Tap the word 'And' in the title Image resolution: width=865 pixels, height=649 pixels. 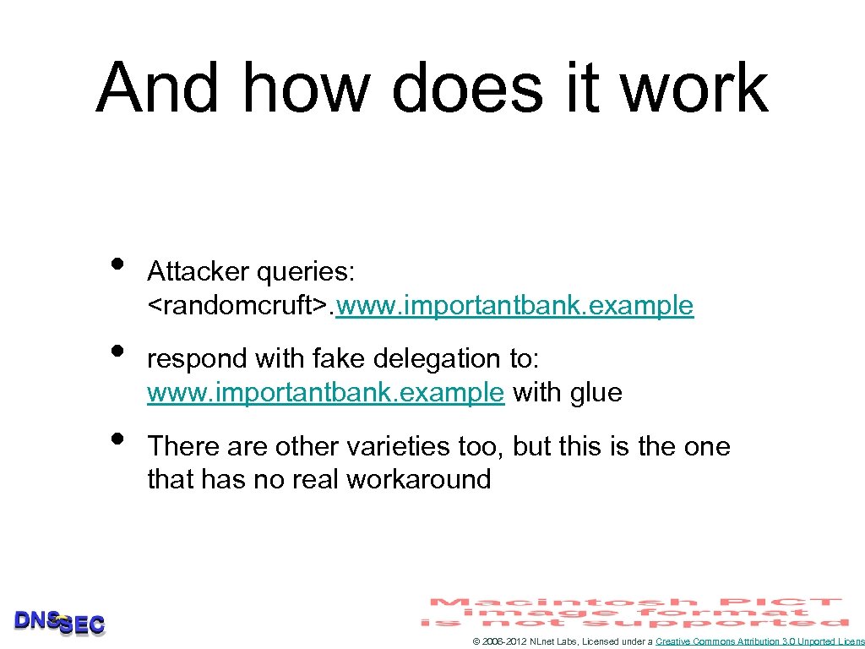click(x=157, y=88)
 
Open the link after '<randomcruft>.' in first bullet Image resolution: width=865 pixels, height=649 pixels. click(x=514, y=305)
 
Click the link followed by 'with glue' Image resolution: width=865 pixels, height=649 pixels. click(x=325, y=393)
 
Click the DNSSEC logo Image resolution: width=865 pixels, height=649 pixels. click(x=60, y=623)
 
